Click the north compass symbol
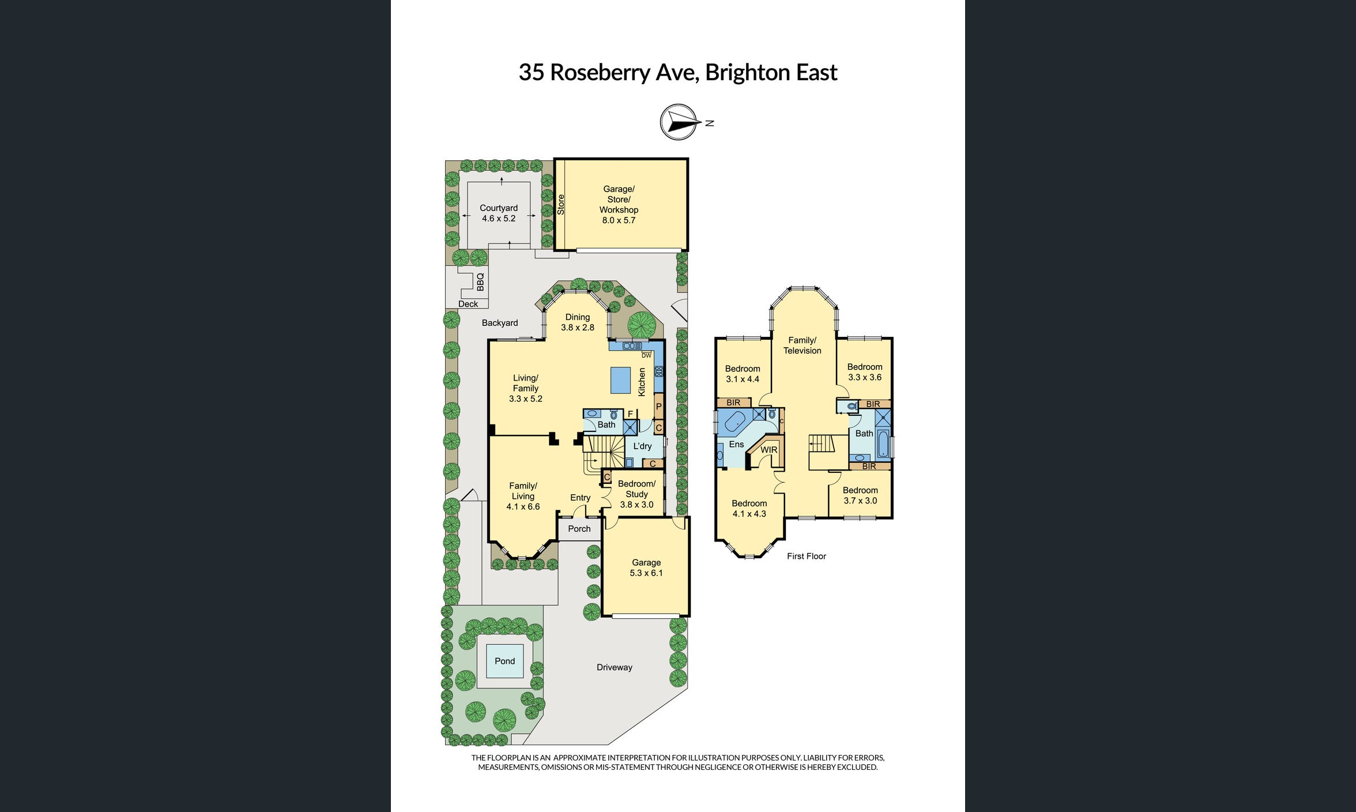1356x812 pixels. pyautogui.click(x=678, y=122)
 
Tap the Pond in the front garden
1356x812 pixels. pyautogui.click(x=504, y=661)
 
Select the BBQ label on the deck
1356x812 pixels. pyautogui.click(x=480, y=281)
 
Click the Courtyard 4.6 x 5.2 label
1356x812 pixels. pyautogui.click(x=499, y=213)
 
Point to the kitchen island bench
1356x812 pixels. pyautogui.click(x=621, y=379)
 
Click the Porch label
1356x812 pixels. pyautogui.click(x=579, y=529)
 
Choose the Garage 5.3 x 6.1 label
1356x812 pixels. pyautogui.click(x=646, y=567)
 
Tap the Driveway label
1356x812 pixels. pyautogui.click(x=614, y=667)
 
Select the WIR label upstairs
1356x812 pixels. pyautogui.click(x=769, y=450)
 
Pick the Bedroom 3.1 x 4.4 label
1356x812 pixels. pyautogui.click(x=742, y=374)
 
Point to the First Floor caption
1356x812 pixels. pyautogui.click(x=806, y=556)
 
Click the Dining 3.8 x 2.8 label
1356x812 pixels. pyautogui.click(x=577, y=322)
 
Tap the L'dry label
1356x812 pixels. pyautogui.click(x=642, y=446)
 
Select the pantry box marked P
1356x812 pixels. pyautogui.click(x=658, y=407)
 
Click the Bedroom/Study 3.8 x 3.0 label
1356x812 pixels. pyautogui.click(x=636, y=494)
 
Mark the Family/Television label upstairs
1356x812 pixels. pyautogui.click(x=802, y=345)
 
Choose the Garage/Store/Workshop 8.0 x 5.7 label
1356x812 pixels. pyautogui.click(x=618, y=204)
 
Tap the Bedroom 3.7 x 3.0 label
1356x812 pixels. pyautogui.click(x=860, y=495)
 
